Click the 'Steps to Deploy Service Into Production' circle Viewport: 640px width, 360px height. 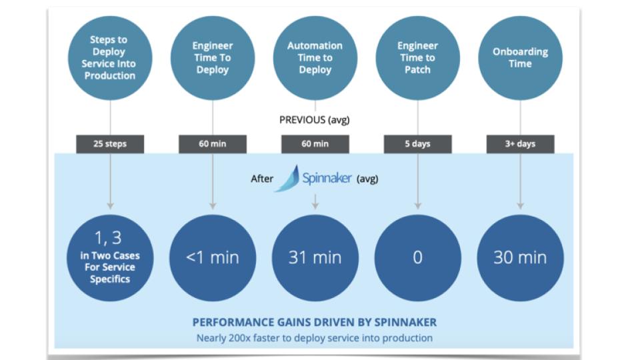click(x=110, y=58)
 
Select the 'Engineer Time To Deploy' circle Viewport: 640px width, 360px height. click(x=213, y=58)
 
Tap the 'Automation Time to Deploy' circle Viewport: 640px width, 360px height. click(x=315, y=58)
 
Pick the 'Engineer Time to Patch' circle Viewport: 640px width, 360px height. click(x=417, y=58)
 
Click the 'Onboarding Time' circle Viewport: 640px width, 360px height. click(x=521, y=58)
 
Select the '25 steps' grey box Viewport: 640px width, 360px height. click(x=110, y=144)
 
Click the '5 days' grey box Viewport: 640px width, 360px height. click(x=417, y=144)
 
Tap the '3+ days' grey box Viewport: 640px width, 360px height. click(x=521, y=144)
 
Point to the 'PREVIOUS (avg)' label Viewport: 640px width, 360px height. click(x=314, y=120)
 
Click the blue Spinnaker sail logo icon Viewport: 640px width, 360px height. click(x=289, y=179)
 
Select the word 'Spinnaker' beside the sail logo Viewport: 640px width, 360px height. click(x=327, y=178)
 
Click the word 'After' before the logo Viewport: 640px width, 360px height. click(x=262, y=179)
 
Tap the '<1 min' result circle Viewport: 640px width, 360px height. click(x=213, y=258)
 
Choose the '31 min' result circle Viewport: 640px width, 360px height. click(x=315, y=258)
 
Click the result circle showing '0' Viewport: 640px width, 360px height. click(x=417, y=258)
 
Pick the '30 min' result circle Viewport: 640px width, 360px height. click(x=521, y=258)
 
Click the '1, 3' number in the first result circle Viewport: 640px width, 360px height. click(x=108, y=238)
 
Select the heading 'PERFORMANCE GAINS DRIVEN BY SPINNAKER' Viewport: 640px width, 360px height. click(x=314, y=323)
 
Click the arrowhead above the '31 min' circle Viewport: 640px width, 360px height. click(x=315, y=207)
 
